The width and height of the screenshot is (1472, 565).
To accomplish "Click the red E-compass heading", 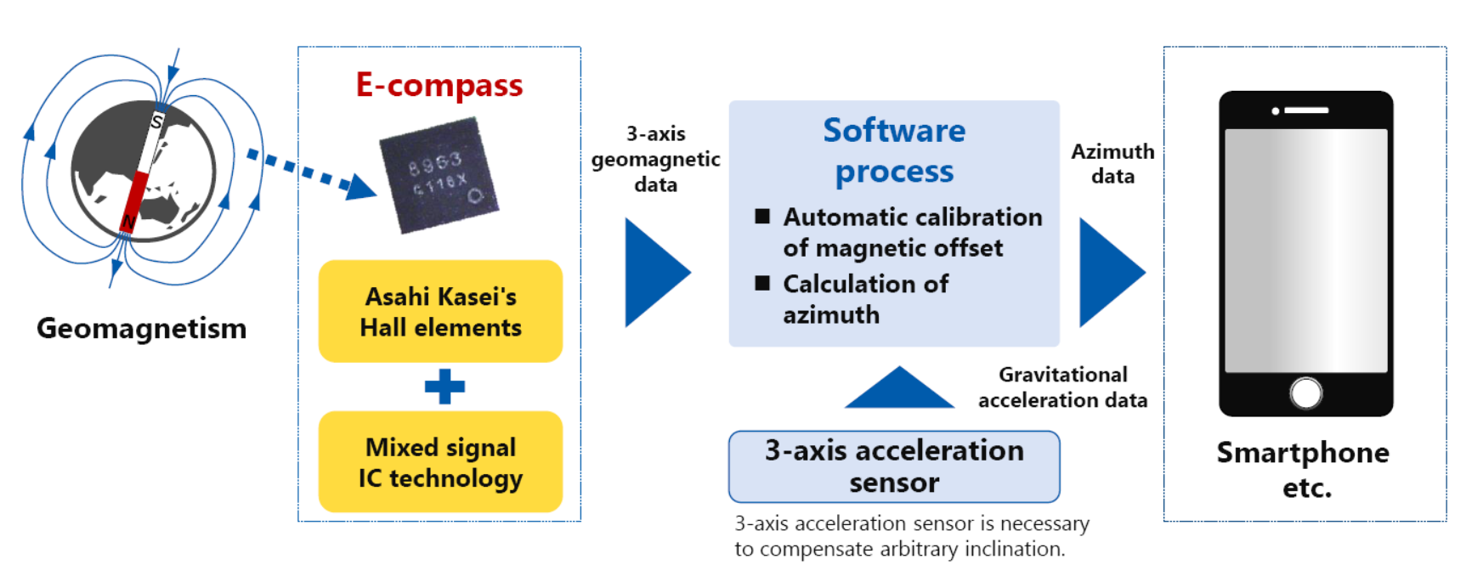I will click(x=439, y=86).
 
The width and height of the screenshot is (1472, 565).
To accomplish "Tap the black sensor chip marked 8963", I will click(x=439, y=176).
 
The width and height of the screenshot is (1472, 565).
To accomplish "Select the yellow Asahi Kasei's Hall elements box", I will click(x=440, y=312).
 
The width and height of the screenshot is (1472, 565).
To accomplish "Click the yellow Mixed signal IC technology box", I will click(x=440, y=462).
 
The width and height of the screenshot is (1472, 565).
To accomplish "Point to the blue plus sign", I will click(x=444, y=387).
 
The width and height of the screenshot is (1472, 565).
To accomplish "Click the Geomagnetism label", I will click(x=141, y=328).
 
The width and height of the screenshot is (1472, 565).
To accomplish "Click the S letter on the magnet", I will click(x=156, y=122).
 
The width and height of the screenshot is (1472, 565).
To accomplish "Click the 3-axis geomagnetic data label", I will click(x=655, y=159).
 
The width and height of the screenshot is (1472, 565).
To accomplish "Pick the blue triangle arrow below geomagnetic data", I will click(x=654, y=273).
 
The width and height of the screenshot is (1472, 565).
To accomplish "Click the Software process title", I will click(x=894, y=150).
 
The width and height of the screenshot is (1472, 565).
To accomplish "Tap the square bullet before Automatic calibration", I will click(x=762, y=217).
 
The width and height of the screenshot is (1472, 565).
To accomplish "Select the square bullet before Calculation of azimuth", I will click(x=762, y=283).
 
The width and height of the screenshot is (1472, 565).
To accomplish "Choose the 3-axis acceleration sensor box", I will click(x=894, y=466).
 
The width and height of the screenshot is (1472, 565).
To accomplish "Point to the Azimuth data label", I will click(x=1112, y=163).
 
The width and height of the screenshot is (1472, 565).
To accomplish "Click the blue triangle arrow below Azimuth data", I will click(x=1108, y=273).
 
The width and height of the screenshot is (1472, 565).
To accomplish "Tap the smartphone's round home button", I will click(x=1305, y=393).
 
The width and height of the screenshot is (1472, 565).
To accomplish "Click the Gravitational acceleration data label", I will click(x=1062, y=387).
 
